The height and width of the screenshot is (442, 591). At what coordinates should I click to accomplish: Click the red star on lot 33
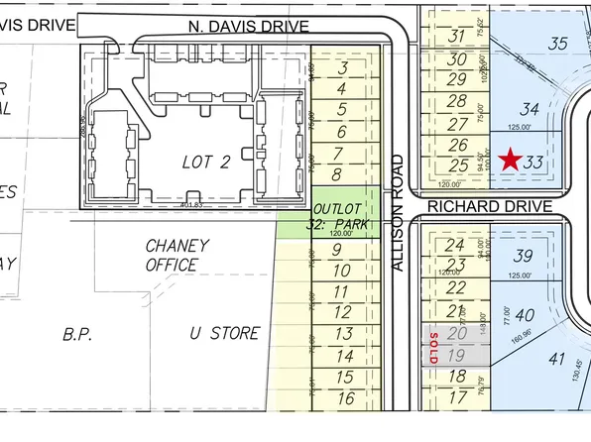click(511, 160)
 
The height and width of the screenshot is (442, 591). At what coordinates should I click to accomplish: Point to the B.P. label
click(77, 334)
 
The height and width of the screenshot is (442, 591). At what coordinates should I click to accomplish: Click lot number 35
click(558, 43)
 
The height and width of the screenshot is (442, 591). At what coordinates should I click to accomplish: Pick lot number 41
click(556, 362)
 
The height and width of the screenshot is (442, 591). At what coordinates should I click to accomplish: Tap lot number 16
click(345, 398)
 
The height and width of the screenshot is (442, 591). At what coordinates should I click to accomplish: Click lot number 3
click(342, 68)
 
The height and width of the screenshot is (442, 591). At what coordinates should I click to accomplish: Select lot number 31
click(457, 37)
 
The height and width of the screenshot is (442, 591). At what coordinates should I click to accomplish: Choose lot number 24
click(455, 245)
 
